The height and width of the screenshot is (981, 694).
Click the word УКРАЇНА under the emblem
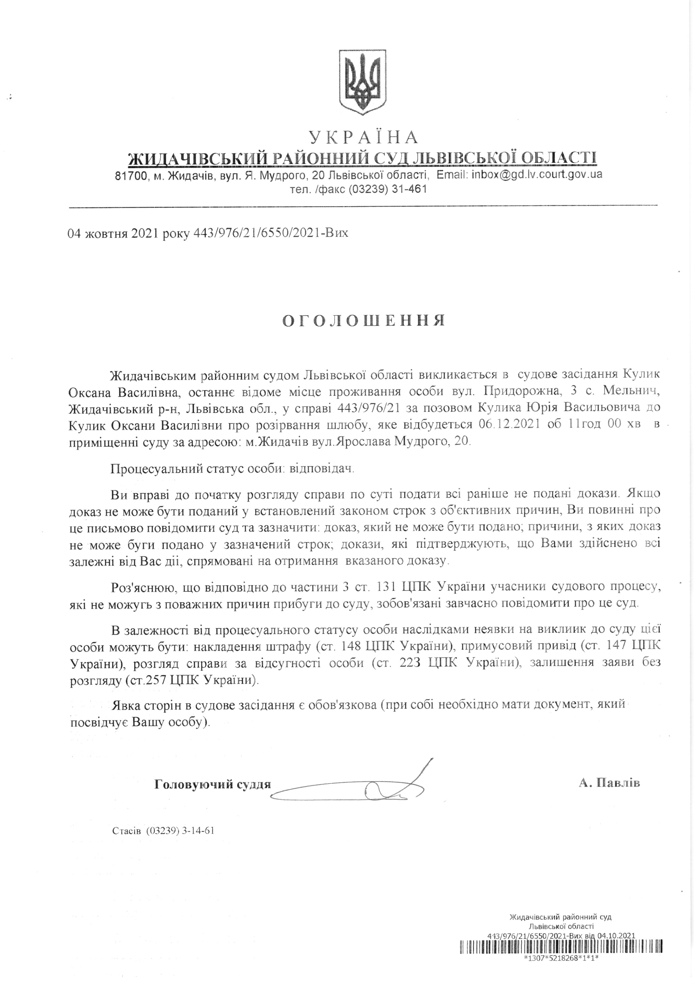pyautogui.click(x=363, y=137)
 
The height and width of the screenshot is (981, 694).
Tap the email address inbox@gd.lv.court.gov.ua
pyautogui.click(x=537, y=174)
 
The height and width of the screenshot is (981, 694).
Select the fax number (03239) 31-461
pyautogui.click(x=388, y=189)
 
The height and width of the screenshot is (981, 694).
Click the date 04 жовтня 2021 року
pyautogui.click(x=129, y=233)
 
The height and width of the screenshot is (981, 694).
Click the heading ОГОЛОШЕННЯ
pyautogui.click(x=364, y=320)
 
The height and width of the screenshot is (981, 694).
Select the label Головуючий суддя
pyautogui.click(x=212, y=784)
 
